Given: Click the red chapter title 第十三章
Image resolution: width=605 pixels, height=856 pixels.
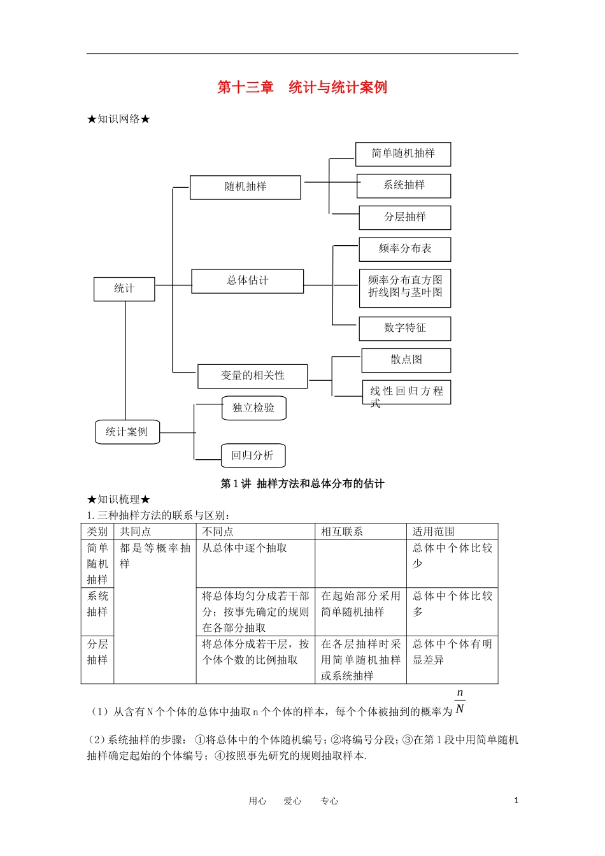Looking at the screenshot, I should pyautogui.click(x=245, y=87).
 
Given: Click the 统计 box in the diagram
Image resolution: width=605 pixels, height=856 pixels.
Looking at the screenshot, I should pyautogui.click(x=124, y=289).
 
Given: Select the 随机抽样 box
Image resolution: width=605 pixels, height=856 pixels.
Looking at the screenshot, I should pyautogui.click(x=245, y=187).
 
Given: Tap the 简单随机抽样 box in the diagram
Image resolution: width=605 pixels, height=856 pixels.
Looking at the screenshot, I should pyautogui.click(x=403, y=153).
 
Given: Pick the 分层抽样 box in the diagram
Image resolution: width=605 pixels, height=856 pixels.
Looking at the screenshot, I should pyautogui.click(x=404, y=217).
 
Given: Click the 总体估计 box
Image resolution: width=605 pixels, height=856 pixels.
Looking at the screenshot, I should pyautogui.click(x=247, y=280).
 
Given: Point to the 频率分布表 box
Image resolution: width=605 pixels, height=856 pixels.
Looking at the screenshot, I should pyautogui.click(x=404, y=249).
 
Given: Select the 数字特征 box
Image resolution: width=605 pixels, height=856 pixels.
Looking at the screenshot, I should pyautogui.click(x=404, y=328).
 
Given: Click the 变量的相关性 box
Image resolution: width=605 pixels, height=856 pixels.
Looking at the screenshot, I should pyautogui.click(x=252, y=376).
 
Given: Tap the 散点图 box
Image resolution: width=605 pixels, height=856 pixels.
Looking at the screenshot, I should pyautogui.click(x=406, y=360).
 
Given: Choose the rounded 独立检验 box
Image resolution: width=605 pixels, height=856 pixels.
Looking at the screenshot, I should pyautogui.click(x=253, y=408).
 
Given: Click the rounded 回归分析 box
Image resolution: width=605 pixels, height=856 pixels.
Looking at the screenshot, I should pyautogui.click(x=253, y=455).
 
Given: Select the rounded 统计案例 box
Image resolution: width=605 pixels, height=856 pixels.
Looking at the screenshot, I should pyautogui.click(x=127, y=432).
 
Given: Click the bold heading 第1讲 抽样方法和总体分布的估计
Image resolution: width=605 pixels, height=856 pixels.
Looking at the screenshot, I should pyautogui.click(x=302, y=483).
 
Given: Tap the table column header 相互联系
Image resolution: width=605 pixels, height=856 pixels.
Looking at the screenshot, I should pyautogui.click(x=342, y=531).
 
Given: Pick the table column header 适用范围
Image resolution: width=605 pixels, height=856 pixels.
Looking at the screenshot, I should pyautogui.click(x=434, y=531).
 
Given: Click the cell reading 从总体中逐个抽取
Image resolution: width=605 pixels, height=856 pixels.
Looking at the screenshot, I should pyautogui.click(x=245, y=548).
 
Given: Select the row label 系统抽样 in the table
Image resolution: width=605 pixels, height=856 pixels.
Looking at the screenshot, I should pyautogui.click(x=97, y=604).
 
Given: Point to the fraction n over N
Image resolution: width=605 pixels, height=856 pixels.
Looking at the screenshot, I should pyautogui.click(x=460, y=701).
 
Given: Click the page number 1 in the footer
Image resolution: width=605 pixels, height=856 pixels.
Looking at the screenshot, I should pyautogui.click(x=516, y=801).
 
